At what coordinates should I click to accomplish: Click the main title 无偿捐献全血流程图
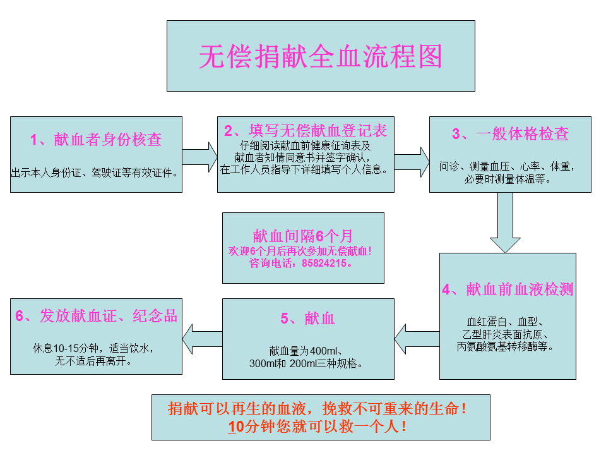[x=321, y=56]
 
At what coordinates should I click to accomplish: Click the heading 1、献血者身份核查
[x=96, y=139]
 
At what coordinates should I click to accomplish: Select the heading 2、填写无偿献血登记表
[x=306, y=131]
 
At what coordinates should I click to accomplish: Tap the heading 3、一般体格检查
[x=510, y=134]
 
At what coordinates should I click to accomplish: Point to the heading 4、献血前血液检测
[x=508, y=289]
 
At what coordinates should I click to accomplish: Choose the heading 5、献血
[x=307, y=318]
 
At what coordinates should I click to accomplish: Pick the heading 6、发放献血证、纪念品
[x=96, y=316]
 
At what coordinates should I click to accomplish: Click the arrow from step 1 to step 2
[x=200, y=157]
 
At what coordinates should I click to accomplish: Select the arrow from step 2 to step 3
[x=412, y=162]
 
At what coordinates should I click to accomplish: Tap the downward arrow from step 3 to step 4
[x=505, y=223]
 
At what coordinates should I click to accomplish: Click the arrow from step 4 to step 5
[x=417, y=339]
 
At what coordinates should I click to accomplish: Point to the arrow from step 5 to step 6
[x=203, y=339]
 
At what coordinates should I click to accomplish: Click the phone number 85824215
[x=324, y=263]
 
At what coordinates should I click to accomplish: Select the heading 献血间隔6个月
[x=302, y=236]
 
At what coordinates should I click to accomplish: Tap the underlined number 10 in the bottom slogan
[x=235, y=427]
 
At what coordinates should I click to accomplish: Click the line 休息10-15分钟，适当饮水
[x=93, y=348]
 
